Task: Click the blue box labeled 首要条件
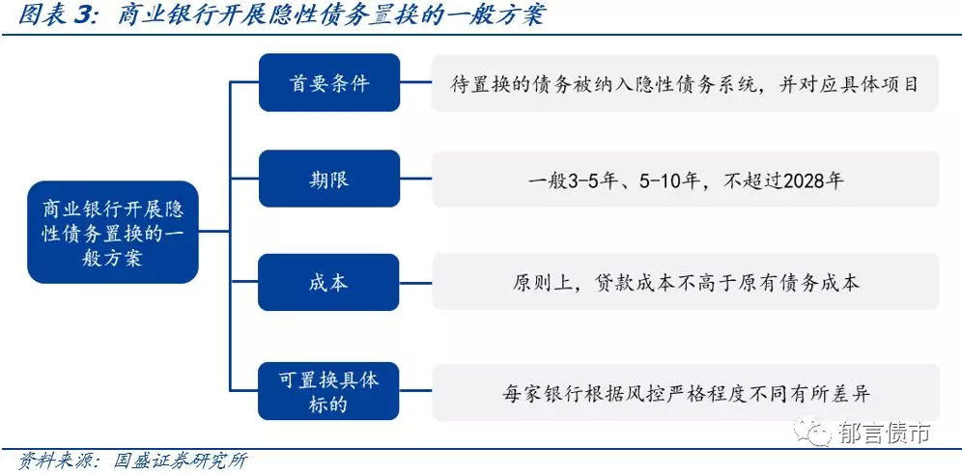(x=329, y=83)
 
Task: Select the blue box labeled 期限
(x=329, y=179)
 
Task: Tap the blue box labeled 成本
(x=329, y=283)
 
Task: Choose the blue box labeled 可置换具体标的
(x=329, y=392)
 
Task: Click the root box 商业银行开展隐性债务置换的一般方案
(x=113, y=233)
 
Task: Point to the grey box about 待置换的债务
(x=686, y=83)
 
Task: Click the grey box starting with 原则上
(x=686, y=281)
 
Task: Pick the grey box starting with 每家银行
(x=686, y=392)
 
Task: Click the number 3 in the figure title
(x=81, y=15)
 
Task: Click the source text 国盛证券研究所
(x=182, y=461)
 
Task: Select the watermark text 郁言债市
(x=883, y=433)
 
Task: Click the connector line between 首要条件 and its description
(x=416, y=83)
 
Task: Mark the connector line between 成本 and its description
(x=416, y=283)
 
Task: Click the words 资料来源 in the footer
(x=52, y=461)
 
